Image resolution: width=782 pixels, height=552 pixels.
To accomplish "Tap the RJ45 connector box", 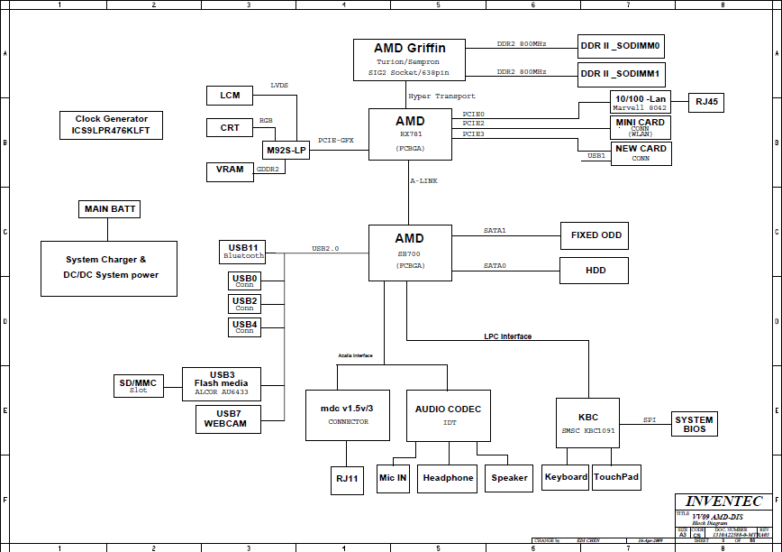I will click(705, 103).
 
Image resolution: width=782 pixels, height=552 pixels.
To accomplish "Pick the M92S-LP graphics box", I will click(286, 151).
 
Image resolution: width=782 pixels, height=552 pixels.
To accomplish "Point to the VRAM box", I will click(230, 170).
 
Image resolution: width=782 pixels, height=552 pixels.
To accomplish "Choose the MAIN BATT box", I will click(109, 209).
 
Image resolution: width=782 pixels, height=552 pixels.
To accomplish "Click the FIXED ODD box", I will click(594, 235).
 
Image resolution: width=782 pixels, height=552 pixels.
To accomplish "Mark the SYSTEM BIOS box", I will click(694, 424).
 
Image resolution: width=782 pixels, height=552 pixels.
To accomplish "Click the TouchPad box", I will click(616, 477).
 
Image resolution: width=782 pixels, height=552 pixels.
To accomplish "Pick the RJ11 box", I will click(347, 481).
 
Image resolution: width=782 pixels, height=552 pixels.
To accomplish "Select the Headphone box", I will click(448, 478).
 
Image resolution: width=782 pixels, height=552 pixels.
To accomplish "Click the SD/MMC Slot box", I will click(138, 386).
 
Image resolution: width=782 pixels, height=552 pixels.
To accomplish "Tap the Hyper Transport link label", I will click(441, 97).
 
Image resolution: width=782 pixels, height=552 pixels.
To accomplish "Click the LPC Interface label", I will click(507, 336).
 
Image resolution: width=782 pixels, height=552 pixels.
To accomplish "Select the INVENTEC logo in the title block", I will click(723, 501).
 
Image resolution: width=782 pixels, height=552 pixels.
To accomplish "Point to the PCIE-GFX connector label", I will click(336, 141).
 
